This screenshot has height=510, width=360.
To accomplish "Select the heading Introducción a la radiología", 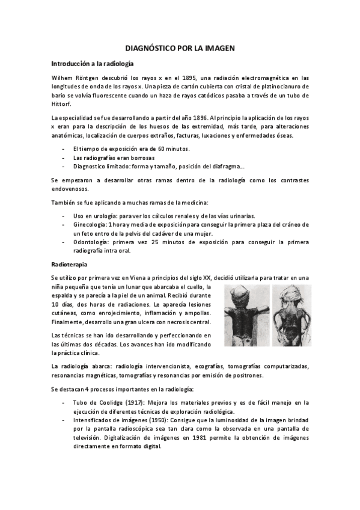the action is [x=92, y=63].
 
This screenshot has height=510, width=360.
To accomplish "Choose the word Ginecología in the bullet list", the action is [x=89, y=224].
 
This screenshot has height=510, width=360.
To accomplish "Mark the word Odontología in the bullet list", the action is [x=91, y=242].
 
